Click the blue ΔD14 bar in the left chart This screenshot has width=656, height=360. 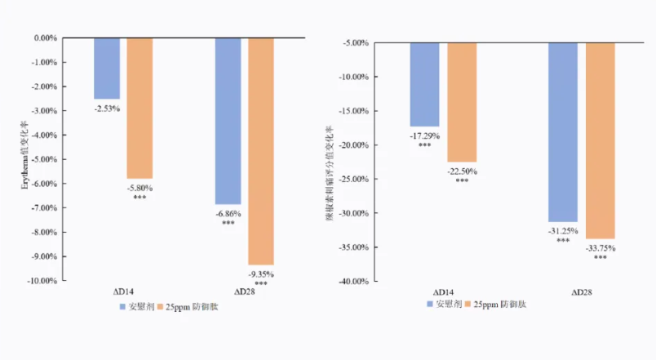coord(107,68)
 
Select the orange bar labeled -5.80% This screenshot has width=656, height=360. coord(140,108)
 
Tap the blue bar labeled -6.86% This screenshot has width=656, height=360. coord(228,121)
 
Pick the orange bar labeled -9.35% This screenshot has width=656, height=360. coord(261,151)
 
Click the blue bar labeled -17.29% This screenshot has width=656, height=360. coord(424,84)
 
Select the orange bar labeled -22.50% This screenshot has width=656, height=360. coord(462,102)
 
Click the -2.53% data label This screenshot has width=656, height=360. coord(107,108)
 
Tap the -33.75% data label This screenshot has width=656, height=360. coord(600,249)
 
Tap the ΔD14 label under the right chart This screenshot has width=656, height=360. coord(443,291)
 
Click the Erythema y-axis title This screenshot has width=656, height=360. coord(24,159)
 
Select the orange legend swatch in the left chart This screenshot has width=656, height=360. coord(160,307)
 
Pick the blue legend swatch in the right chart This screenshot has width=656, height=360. coord(430,304)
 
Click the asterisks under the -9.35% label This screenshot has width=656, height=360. coord(261,283)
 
